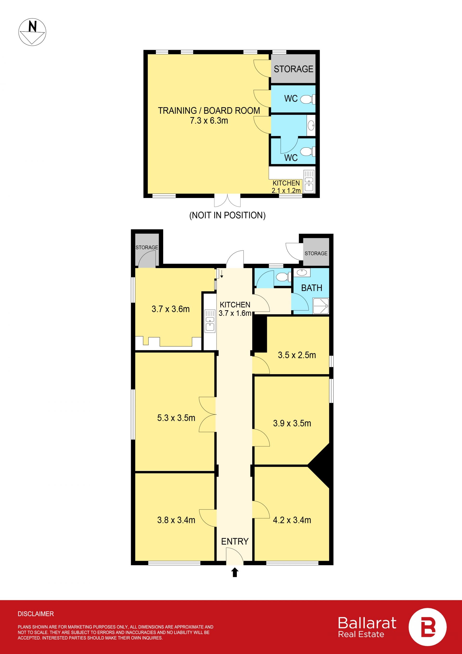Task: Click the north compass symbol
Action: pyautogui.click(x=32, y=32)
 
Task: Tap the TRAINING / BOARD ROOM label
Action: pyautogui.click(x=209, y=111)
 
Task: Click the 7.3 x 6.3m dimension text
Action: pyautogui.click(x=209, y=120)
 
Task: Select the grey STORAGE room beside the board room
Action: pyautogui.click(x=293, y=69)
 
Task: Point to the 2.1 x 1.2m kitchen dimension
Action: pyautogui.click(x=286, y=191)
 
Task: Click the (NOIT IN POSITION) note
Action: pyautogui.click(x=227, y=215)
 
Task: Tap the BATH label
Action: pyautogui.click(x=312, y=288)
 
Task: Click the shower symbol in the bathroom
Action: pyautogui.click(x=321, y=306)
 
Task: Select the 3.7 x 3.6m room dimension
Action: pyautogui.click(x=170, y=309)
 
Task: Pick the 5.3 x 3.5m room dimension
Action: pyautogui.click(x=176, y=418)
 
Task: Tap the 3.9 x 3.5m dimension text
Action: pyautogui.click(x=292, y=423)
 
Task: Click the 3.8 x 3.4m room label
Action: pyautogui.click(x=176, y=520)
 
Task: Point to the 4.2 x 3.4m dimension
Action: pyautogui.click(x=292, y=520)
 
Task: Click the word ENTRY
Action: pyautogui.click(x=235, y=541)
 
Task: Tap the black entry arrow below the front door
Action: pyautogui.click(x=235, y=572)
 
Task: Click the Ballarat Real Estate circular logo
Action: pyautogui.click(x=427, y=627)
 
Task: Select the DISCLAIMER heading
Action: pyautogui.click(x=36, y=614)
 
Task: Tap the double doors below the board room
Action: pyautogui.click(x=227, y=200)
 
